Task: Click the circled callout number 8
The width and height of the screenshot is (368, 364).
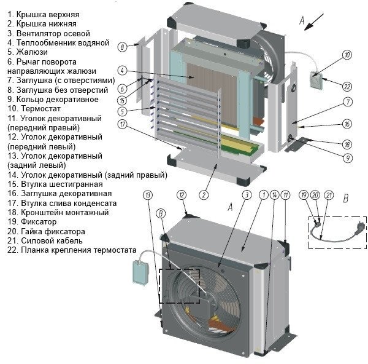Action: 122,47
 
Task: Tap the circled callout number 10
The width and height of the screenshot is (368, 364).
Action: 347,55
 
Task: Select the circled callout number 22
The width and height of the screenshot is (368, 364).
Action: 347,87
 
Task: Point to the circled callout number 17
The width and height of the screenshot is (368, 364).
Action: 122,124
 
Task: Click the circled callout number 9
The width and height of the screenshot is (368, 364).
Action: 348,158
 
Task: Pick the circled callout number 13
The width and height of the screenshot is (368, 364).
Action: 148,195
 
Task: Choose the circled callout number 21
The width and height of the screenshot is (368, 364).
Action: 329,195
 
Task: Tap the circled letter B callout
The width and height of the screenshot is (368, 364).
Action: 161,213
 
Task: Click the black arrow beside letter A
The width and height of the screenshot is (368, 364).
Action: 314,22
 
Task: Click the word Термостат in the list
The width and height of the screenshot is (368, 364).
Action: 40,108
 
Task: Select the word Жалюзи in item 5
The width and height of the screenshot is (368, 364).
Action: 32,52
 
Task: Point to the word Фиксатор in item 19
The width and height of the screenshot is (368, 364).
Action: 39,222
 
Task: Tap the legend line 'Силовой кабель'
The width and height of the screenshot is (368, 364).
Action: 45,240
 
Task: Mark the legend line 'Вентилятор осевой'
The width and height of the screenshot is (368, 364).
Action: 48,33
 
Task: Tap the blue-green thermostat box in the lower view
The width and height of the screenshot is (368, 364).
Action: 141,274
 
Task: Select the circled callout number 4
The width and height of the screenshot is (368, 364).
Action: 122,70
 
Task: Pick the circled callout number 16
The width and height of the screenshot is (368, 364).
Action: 348,124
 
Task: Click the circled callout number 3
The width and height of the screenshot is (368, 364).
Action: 247,195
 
